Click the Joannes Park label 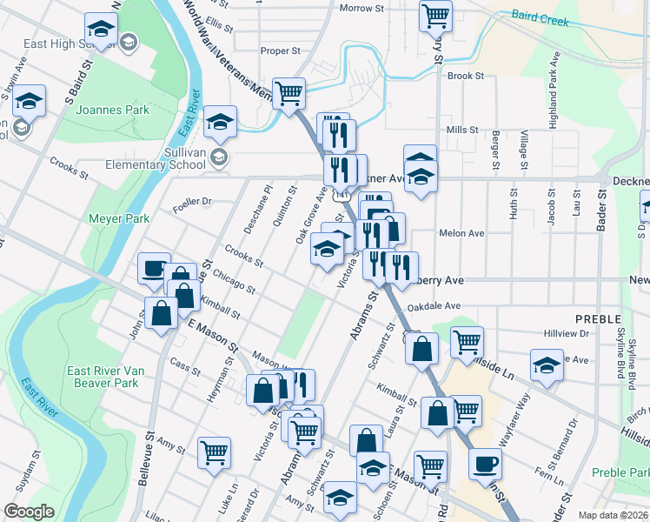click(113, 110)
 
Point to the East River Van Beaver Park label click(103, 377)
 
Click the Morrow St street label click(361, 8)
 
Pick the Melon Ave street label click(461, 233)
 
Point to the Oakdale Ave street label click(434, 306)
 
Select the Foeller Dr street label click(192, 201)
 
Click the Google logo click(29, 512)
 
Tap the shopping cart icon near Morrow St click(435, 14)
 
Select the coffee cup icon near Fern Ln click(486, 463)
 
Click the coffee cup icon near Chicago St click(154, 268)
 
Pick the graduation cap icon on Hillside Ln click(547, 366)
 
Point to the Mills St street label click(462, 130)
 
